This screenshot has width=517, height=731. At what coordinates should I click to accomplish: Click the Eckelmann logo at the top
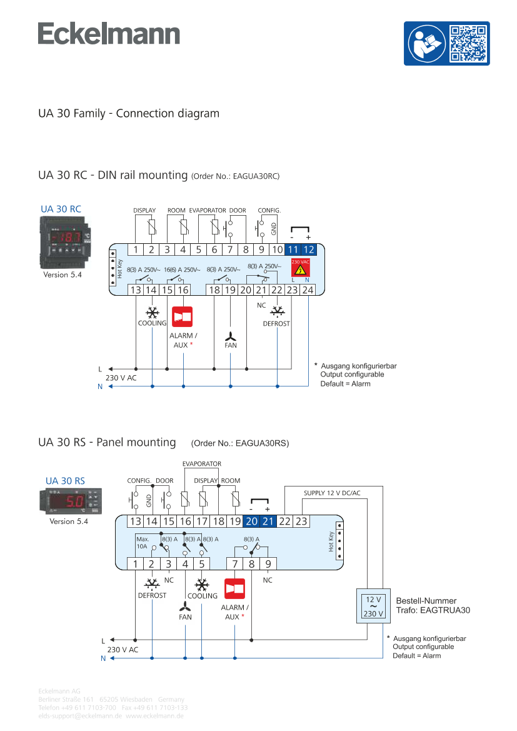[109, 34]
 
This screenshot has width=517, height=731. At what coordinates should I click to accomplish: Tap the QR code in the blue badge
[468, 43]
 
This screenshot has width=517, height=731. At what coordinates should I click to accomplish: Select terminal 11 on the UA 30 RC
[293, 250]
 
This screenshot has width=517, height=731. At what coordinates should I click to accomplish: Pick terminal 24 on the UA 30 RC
[308, 290]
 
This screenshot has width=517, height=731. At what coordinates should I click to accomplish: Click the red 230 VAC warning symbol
[300, 270]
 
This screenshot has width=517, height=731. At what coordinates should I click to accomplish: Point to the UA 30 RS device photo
[66, 502]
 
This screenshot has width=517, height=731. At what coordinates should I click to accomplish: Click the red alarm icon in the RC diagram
[183, 316]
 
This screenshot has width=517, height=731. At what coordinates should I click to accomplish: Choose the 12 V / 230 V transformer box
[373, 605]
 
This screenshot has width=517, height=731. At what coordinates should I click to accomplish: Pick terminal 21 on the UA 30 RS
[268, 522]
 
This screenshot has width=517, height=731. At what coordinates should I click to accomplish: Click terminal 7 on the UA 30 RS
[235, 563]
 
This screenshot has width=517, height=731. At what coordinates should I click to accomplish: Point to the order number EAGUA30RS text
[240, 443]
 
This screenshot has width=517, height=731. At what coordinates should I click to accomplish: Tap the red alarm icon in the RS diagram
[234, 588]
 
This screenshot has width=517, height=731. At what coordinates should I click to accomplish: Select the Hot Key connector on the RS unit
[338, 542]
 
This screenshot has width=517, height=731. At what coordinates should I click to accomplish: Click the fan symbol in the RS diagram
[185, 608]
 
